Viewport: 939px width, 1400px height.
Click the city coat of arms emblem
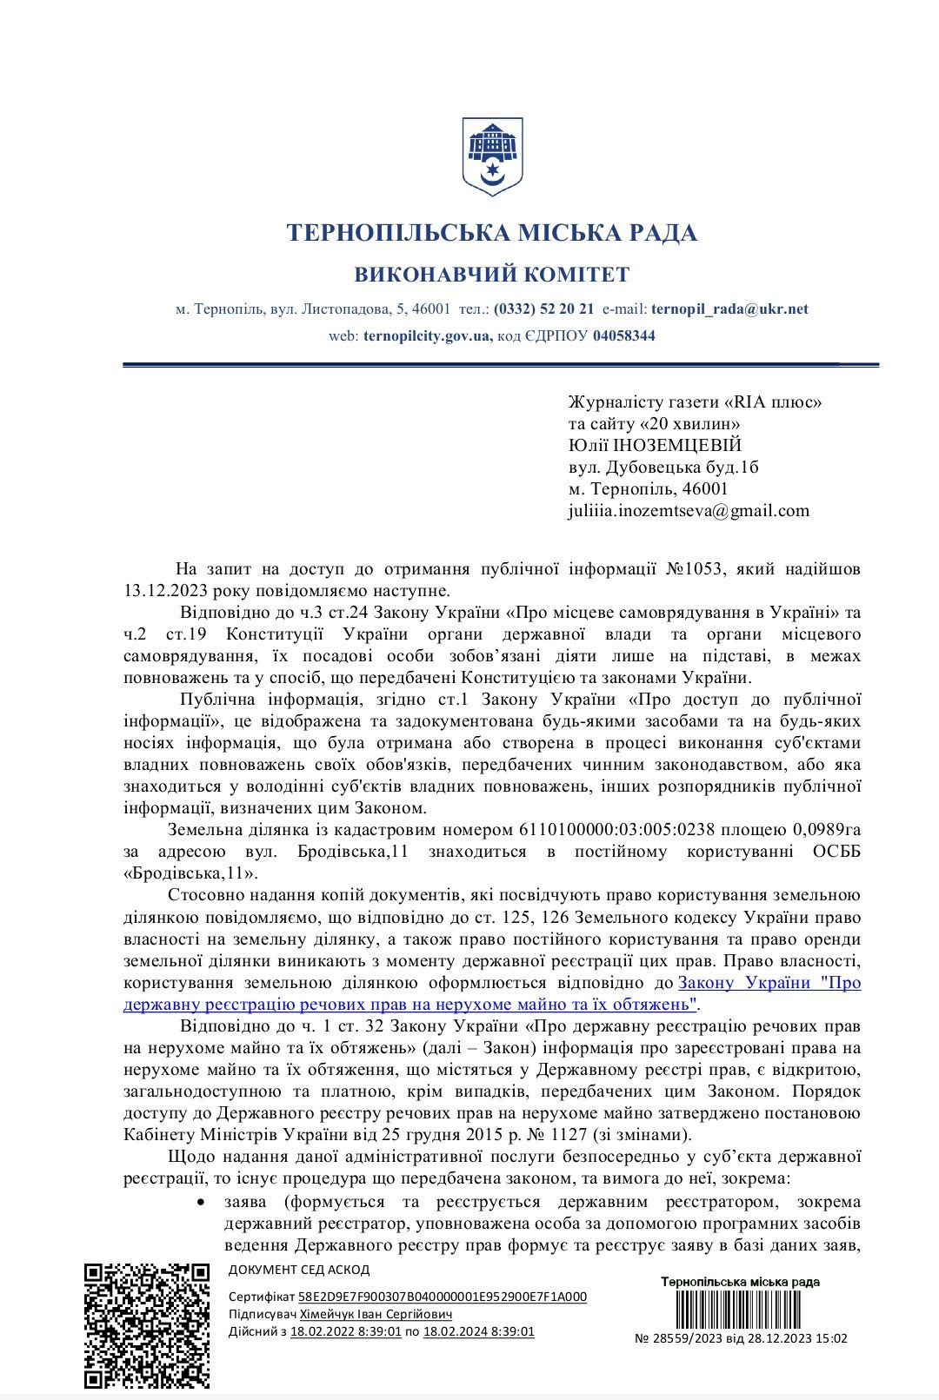coord(492,157)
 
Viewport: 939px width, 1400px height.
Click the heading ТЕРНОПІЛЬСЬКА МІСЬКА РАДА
coord(492,233)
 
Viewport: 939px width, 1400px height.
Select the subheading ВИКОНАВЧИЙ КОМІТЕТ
coord(492,275)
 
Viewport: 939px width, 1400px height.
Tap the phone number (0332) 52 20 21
coord(544,309)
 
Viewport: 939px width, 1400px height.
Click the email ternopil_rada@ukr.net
coord(729,309)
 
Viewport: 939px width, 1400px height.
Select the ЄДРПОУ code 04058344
coord(624,335)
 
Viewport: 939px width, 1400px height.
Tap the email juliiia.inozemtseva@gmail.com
coord(689,510)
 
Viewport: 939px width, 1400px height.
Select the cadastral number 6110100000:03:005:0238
coord(615,829)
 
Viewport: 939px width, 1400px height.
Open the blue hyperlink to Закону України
coord(769,983)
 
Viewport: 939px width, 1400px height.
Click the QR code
coord(147,1325)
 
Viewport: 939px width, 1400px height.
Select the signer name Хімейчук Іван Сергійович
coord(376,1314)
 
